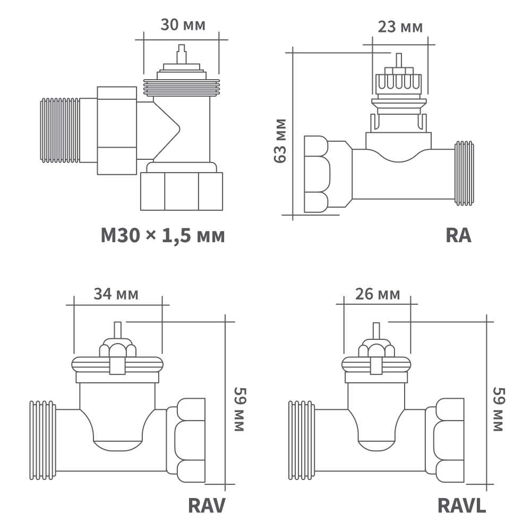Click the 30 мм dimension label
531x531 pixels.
click(182, 25)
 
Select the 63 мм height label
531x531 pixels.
click(280, 141)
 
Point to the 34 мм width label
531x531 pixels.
click(116, 294)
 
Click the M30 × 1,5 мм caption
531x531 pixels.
click(162, 235)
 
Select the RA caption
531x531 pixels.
click(458, 235)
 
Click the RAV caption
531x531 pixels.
click(207, 506)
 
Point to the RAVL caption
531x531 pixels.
click(461, 506)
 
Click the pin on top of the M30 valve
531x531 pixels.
click(182, 53)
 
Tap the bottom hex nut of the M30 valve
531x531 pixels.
click(181, 191)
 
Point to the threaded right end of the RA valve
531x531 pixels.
click(464, 173)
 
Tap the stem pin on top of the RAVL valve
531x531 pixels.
click(376, 332)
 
